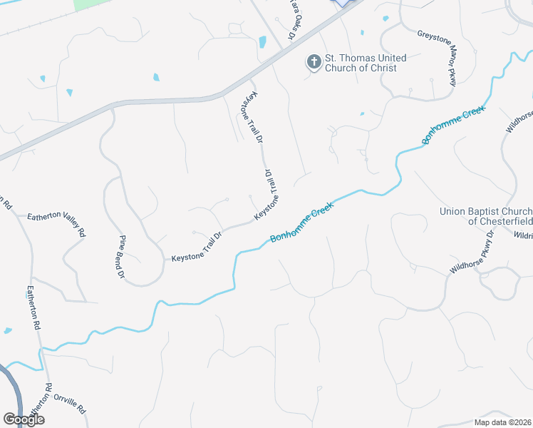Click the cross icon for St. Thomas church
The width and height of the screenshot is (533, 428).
(x=314, y=63)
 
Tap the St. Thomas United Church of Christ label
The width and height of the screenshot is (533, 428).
(x=366, y=63)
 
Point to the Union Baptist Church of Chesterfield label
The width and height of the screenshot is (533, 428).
(x=485, y=216)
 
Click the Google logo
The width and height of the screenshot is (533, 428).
(x=24, y=419)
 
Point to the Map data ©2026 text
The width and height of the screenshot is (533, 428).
(x=502, y=422)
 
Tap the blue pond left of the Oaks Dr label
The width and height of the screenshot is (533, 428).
(x=263, y=42)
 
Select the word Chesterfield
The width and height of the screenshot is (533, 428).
(x=500, y=221)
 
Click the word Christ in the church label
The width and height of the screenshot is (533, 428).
(x=383, y=68)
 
